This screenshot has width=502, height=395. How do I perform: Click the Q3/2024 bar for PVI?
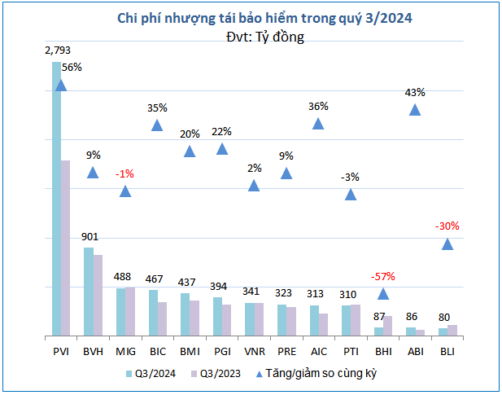coord(56,200)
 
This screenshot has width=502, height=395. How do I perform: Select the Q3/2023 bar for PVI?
coord(66,248)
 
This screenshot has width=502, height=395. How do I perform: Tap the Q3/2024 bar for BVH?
coord(89,292)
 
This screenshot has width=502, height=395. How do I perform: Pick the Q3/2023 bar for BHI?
coord(387,326)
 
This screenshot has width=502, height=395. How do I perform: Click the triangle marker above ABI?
coord(415,110)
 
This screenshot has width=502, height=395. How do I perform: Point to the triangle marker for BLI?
coord(447,244)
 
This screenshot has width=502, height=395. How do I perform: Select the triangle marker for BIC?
coord(158,125)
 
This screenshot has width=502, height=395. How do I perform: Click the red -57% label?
coord(382,276)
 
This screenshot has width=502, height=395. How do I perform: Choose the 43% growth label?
coord(415,93)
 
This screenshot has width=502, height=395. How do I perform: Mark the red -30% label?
coord(447,226)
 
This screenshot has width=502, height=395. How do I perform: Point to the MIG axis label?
coord(125,351)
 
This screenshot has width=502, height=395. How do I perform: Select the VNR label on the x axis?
coord(254,351)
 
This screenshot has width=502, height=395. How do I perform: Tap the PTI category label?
coord(351,351)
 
